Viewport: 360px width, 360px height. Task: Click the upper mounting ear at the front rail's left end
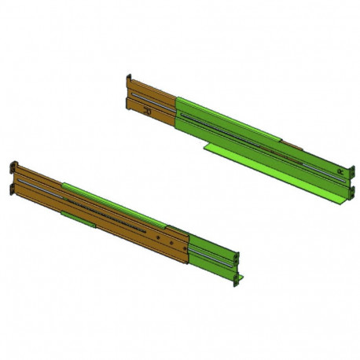(x=13, y=168)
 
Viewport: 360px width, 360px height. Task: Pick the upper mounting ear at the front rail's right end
(x=237, y=255)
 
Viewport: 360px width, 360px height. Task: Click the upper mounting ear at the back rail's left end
(x=128, y=80)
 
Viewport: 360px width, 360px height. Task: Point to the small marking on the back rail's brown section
(x=147, y=112)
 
